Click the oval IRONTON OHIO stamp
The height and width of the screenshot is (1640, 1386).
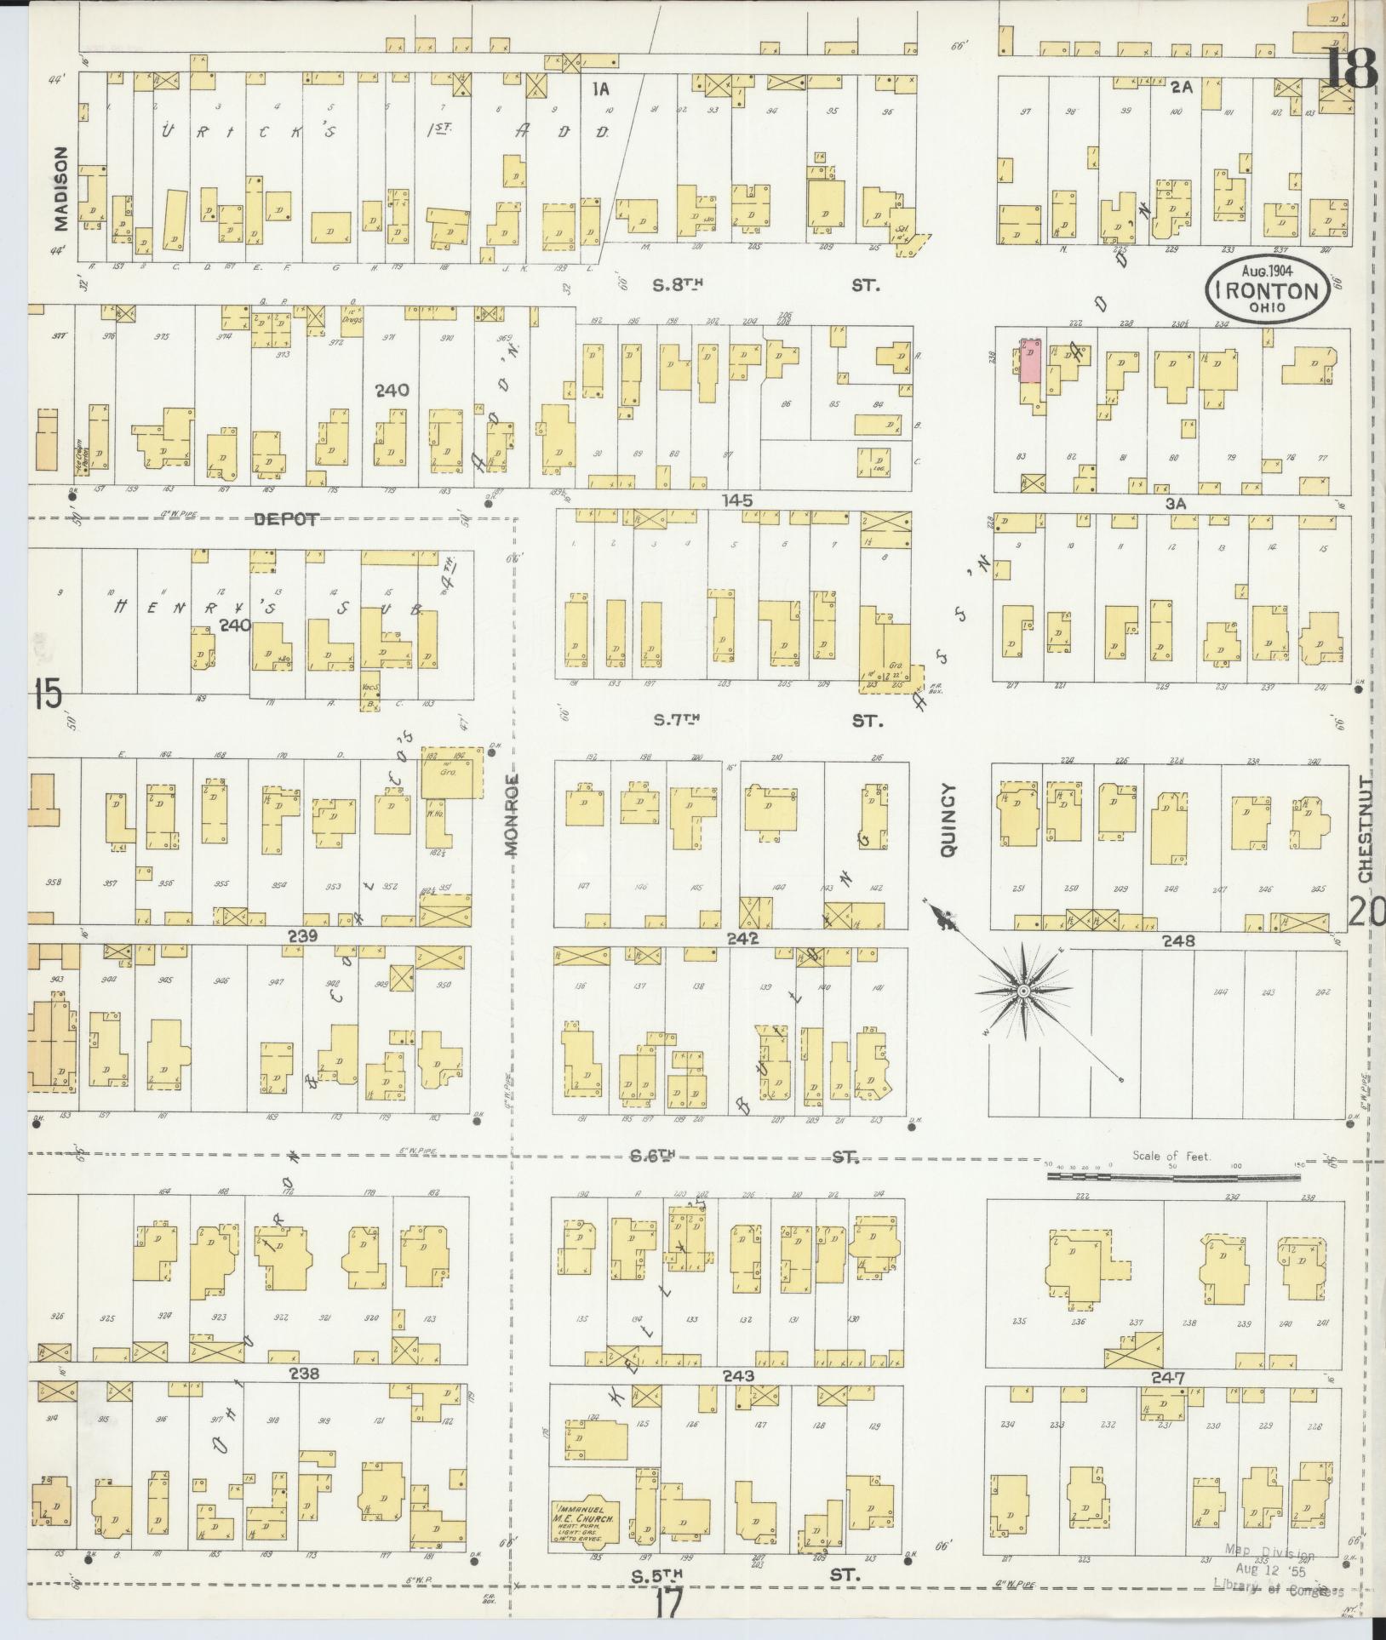click(1267, 290)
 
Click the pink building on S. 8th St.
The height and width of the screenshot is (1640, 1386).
click(1031, 361)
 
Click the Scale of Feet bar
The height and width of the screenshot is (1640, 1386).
click(1173, 1178)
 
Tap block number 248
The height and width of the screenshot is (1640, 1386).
click(1178, 941)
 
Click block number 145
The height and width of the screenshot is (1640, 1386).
click(736, 501)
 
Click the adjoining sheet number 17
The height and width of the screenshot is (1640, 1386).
click(670, 1606)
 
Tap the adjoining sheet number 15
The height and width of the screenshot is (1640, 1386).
click(47, 695)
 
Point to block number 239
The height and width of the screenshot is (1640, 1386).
click(303, 936)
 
